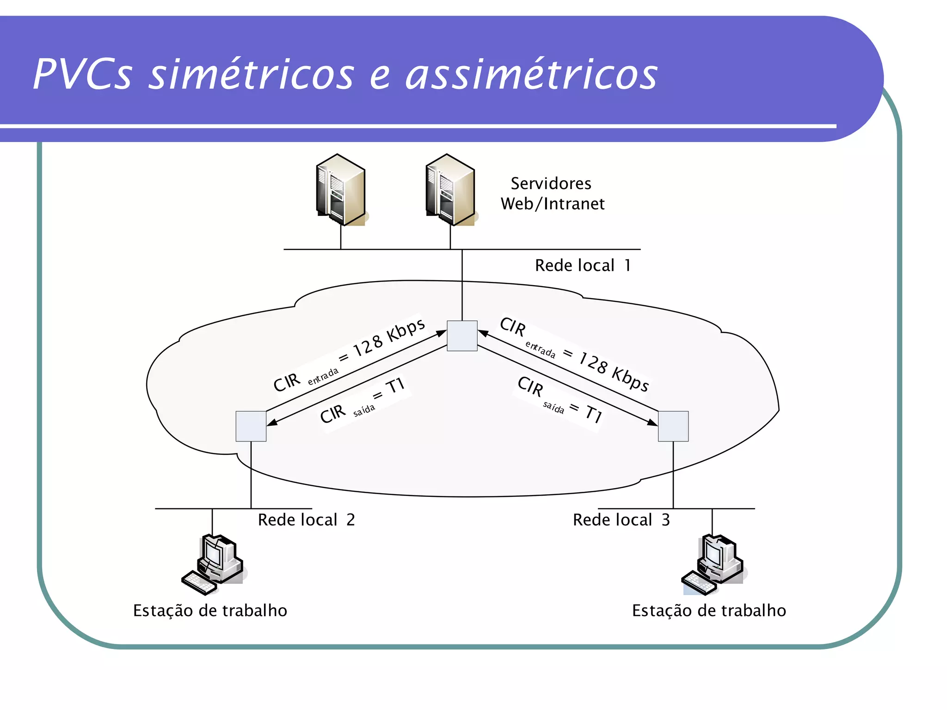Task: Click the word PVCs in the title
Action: coord(82,74)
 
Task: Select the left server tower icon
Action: coord(341,190)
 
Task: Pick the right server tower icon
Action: coord(450,190)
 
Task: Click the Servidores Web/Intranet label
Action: coord(552,194)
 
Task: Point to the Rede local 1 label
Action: coord(583,265)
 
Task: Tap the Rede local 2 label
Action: coord(306,520)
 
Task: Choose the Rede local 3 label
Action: coord(621,520)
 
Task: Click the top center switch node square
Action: coord(462,336)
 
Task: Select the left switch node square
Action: coord(251,426)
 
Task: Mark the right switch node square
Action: coord(673,426)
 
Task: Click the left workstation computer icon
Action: coord(214,564)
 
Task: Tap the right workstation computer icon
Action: coord(713,564)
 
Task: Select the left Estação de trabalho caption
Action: coord(210,611)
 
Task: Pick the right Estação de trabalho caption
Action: coord(709,611)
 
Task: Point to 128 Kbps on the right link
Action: coord(614,371)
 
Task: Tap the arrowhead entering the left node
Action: coord(272,422)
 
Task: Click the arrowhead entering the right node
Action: coord(652,422)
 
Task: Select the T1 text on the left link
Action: coord(395,385)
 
